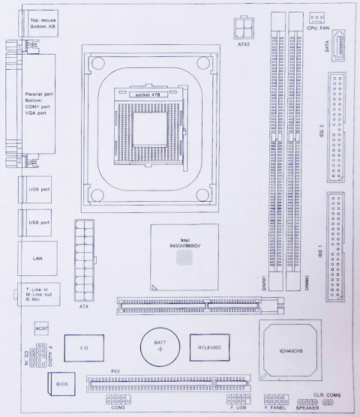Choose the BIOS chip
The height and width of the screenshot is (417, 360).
62,385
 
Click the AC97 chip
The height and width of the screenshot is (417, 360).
42,328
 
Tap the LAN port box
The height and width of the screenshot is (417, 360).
36,258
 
